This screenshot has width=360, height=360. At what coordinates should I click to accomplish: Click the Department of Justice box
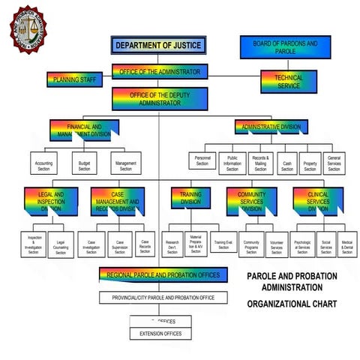pyautogui.click(x=158, y=46)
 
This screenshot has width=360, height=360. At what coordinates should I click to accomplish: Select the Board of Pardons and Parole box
pyautogui.click(x=285, y=47)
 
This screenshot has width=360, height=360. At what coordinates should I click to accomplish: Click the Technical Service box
pyautogui.click(x=289, y=81)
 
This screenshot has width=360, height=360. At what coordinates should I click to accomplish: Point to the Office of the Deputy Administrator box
pyautogui.click(x=159, y=98)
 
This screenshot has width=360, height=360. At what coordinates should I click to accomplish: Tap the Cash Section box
pyautogui.click(x=286, y=163)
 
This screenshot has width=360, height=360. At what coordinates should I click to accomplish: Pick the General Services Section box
pyautogui.click(x=334, y=163)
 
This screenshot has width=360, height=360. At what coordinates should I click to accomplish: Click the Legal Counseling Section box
pyautogui.click(x=61, y=246)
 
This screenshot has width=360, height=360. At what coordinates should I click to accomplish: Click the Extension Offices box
pyautogui.click(x=161, y=332)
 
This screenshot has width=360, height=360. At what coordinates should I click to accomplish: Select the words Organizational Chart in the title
pyautogui.click(x=292, y=304)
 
